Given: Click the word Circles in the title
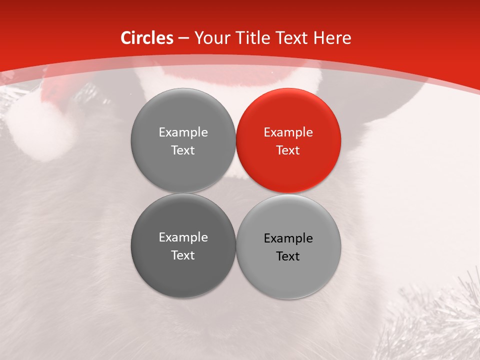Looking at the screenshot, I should tap(147, 38).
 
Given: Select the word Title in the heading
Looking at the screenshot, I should tap(256, 38).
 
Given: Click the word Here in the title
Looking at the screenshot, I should tap(332, 38).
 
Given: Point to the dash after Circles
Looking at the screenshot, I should tap(183, 38).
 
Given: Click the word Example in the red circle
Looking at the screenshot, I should tap(288, 132).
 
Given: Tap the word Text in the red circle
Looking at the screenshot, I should tap(288, 150).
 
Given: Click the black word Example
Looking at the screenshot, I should tap(288, 238).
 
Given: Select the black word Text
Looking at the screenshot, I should tap(288, 256).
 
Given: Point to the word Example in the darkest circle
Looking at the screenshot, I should tap(183, 237).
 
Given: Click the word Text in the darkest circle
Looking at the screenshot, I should tap(183, 255).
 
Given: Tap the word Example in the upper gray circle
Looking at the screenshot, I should tap(183, 132).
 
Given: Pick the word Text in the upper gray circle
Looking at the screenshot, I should tap(183, 150).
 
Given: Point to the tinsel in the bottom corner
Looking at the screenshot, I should tap(440, 320).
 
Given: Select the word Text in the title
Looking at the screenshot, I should tap(292, 38).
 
